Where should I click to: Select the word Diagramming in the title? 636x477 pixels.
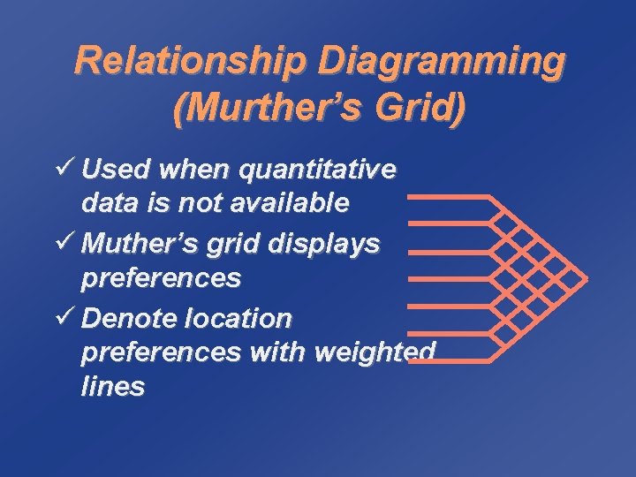click(440, 62)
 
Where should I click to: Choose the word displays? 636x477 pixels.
click(329, 242)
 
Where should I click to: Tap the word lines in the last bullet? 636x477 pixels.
click(113, 388)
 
